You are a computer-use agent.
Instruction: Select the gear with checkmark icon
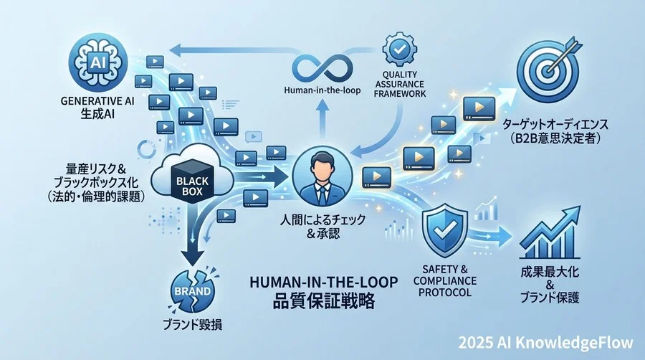pyautogui.click(x=399, y=49)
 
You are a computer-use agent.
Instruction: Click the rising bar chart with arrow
pyautogui.click(x=550, y=232)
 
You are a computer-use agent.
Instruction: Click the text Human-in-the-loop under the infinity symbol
pyautogui.click(x=322, y=90)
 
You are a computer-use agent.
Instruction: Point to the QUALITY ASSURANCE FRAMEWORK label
pyautogui.click(x=399, y=84)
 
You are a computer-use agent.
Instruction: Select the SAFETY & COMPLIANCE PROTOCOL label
pyautogui.click(x=444, y=281)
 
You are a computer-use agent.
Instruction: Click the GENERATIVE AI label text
pyautogui.click(x=97, y=101)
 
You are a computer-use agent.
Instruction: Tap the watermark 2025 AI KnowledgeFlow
pyautogui.click(x=545, y=343)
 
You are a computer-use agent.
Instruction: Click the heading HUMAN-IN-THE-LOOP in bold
pyautogui.click(x=324, y=283)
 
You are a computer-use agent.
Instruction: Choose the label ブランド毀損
pyautogui.click(x=193, y=325)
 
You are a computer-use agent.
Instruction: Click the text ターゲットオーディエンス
pyautogui.click(x=555, y=124)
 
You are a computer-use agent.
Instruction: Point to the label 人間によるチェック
pyautogui.click(x=322, y=219)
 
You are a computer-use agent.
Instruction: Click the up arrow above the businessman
pyautogui.click(x=322, y=119)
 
